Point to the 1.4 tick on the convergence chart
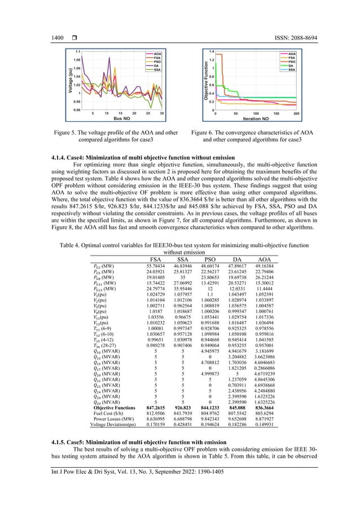210,51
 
